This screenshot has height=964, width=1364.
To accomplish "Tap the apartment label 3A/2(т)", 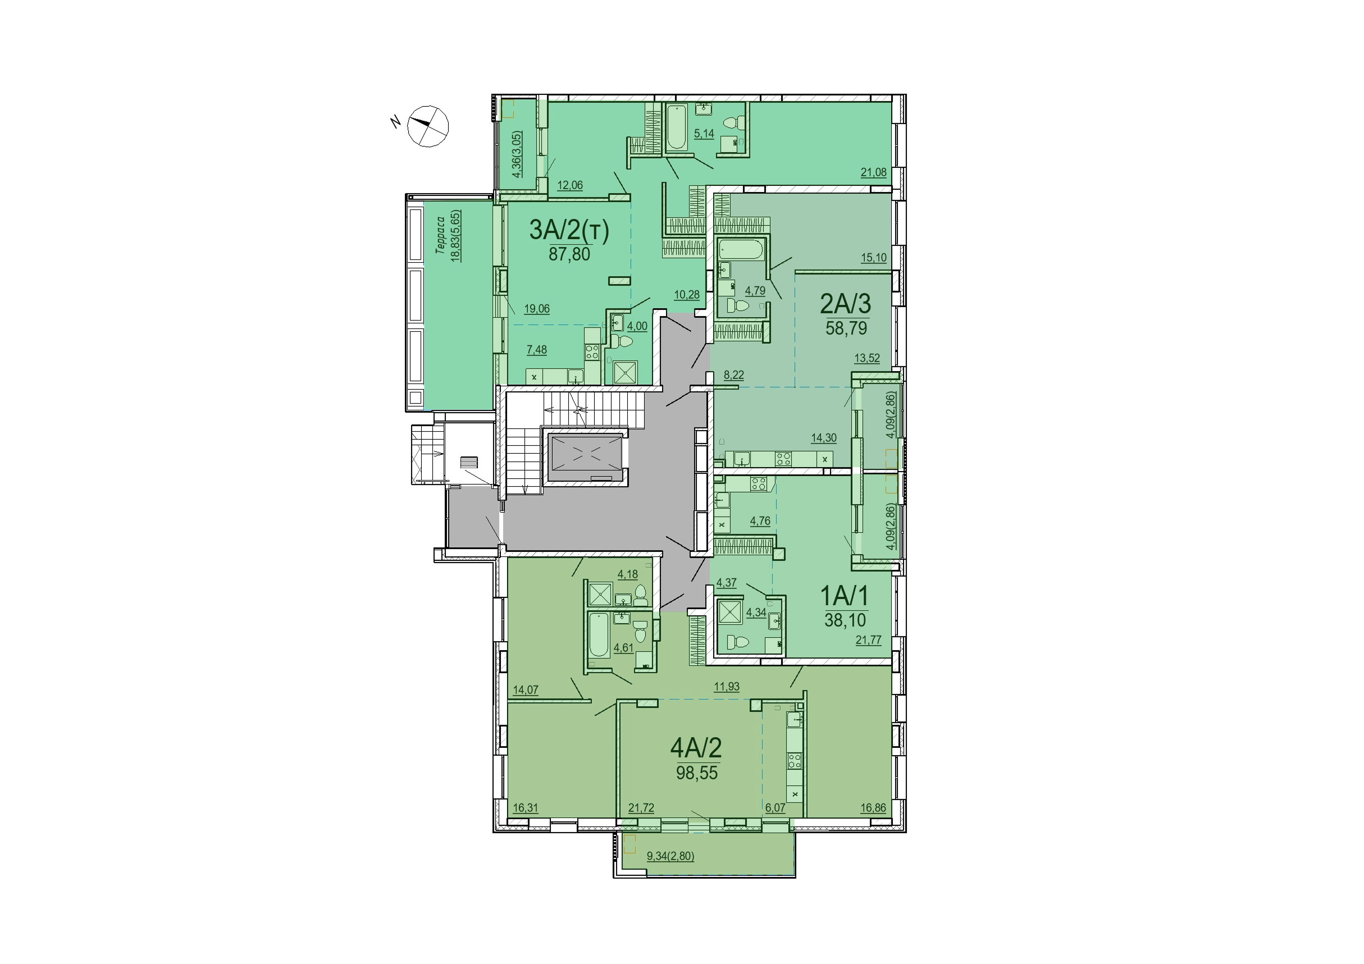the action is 569,230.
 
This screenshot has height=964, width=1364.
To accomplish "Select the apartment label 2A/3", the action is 845,304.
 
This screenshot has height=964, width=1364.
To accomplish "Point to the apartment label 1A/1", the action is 844,595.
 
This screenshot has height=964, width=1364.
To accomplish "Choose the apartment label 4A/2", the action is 696,748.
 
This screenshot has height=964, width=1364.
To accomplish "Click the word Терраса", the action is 441,235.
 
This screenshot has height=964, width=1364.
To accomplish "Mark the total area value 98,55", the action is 697,773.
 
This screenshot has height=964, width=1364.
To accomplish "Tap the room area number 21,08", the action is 873,172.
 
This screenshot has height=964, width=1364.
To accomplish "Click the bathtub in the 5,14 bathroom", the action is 677,129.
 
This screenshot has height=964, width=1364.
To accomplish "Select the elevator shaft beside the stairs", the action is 586,458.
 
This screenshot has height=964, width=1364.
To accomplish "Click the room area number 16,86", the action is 873,808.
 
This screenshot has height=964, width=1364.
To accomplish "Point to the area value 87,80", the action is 569,254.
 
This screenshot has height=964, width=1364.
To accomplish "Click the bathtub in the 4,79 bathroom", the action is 740,249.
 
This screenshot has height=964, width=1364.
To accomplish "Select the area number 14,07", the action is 526,689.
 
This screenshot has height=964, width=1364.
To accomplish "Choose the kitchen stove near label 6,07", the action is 794,761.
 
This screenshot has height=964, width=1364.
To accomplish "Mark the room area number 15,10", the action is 873,258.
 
